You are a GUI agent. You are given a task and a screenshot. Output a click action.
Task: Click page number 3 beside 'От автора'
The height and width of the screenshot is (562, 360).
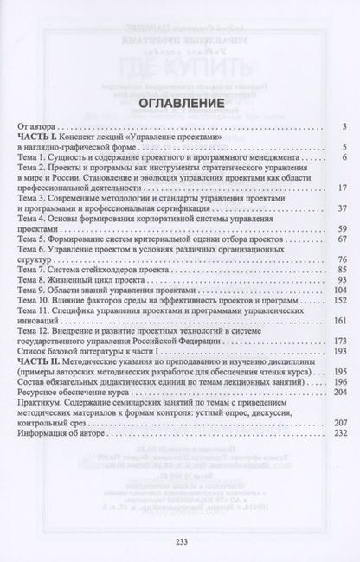(343, 127)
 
